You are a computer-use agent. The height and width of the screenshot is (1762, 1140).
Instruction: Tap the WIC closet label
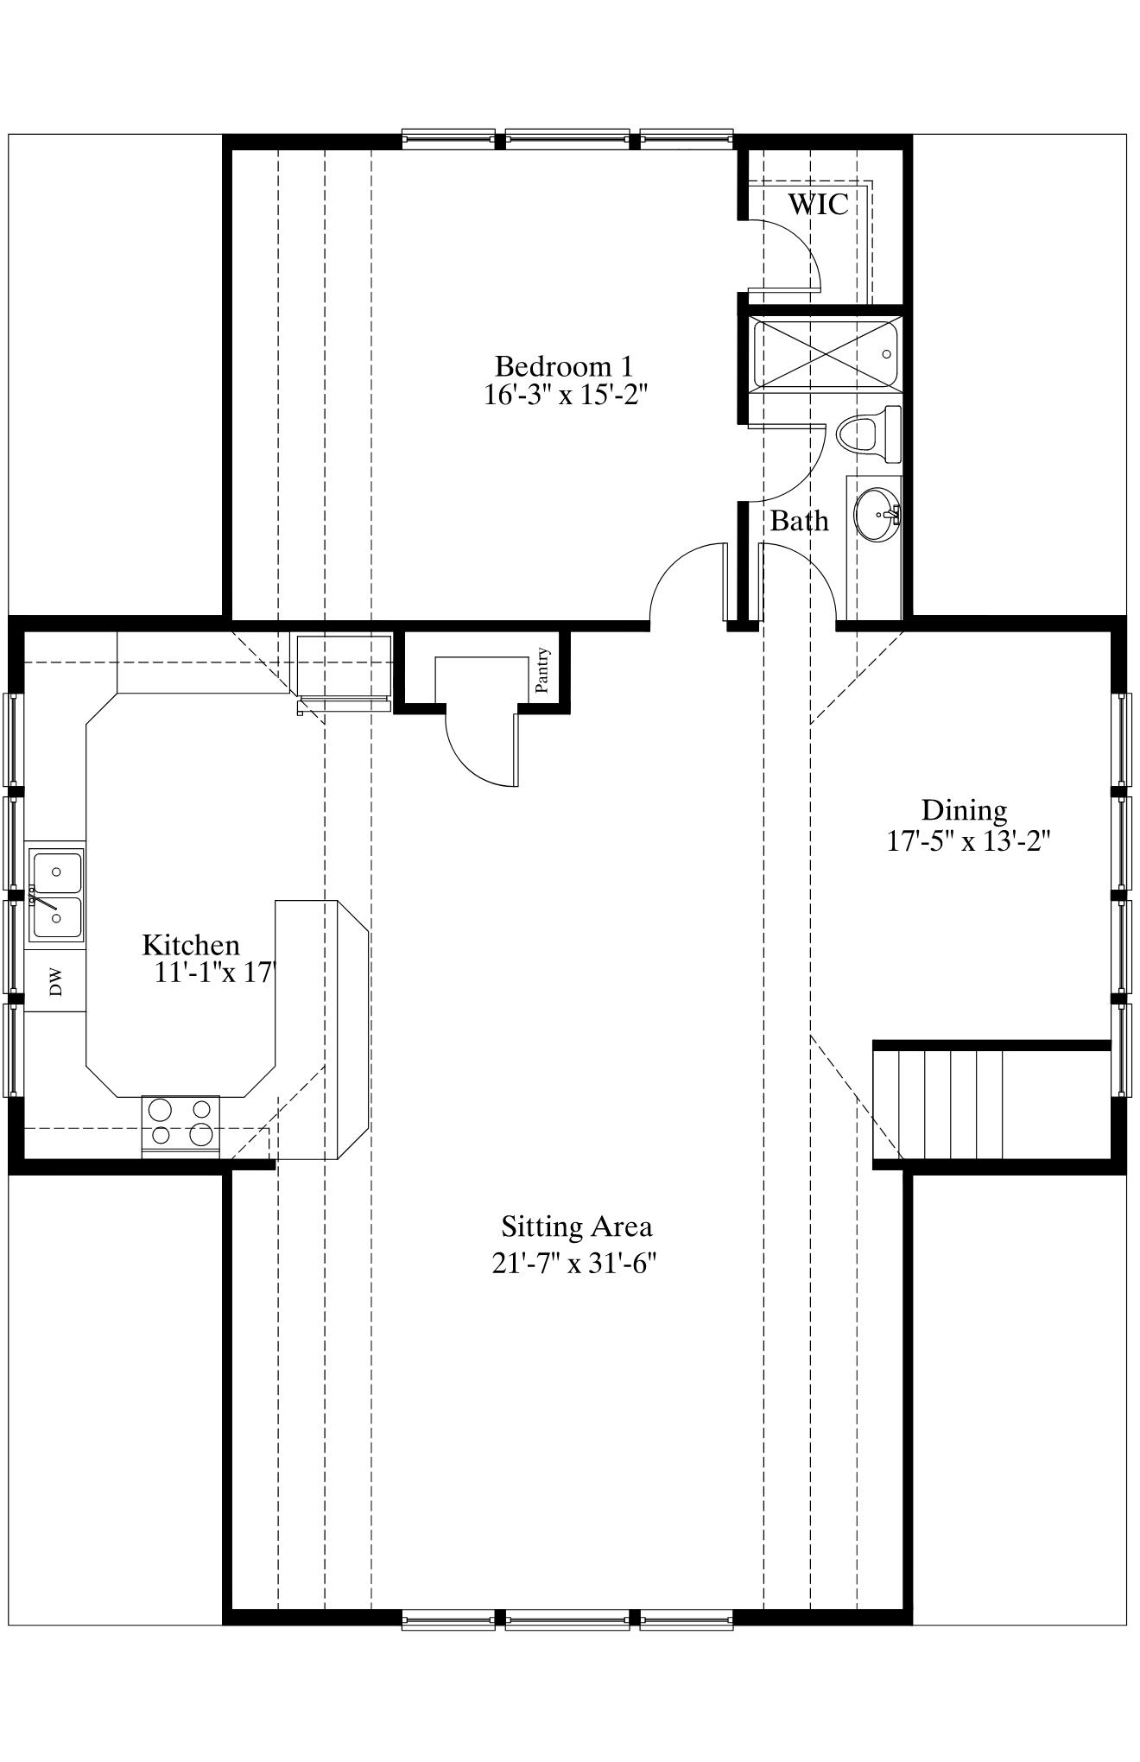(817, 204)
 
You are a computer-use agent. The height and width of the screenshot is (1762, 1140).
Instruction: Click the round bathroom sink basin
(877, 515)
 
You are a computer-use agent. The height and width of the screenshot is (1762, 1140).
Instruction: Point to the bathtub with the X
(826, 353)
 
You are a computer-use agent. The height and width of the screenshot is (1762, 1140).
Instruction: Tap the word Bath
(799, 521)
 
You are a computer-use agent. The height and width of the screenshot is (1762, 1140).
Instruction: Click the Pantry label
(542, 670)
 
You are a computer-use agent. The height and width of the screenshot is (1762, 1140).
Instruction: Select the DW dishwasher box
(54, 981)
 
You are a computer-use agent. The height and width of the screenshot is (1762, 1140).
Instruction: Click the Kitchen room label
(191, 944)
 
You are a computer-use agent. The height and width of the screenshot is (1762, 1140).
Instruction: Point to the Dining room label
(964, 810)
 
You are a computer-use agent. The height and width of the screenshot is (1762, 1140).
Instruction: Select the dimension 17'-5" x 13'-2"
(968, 840)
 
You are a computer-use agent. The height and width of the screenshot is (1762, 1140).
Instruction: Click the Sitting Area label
(577, 1226)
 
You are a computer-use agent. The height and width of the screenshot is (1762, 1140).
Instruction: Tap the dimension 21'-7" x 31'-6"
(575, 1264)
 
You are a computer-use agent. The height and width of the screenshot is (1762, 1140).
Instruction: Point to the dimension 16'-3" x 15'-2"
(565, 395)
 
